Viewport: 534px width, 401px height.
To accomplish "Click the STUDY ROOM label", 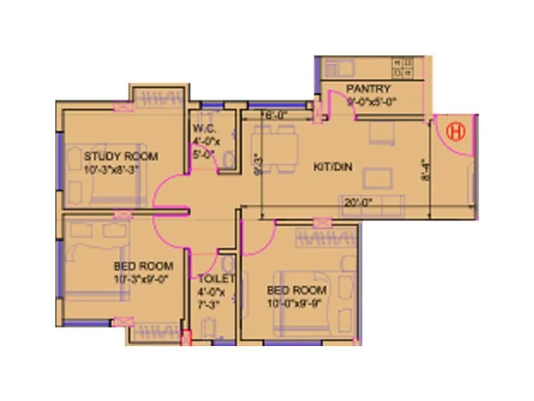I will [121, 156].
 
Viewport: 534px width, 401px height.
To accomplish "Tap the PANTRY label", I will [368, 89].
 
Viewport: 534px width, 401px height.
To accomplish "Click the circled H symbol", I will [457, 131].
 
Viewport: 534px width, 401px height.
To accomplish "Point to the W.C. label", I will [203, 128].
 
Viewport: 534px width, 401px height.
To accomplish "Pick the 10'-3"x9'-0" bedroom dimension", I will [144, 279].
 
